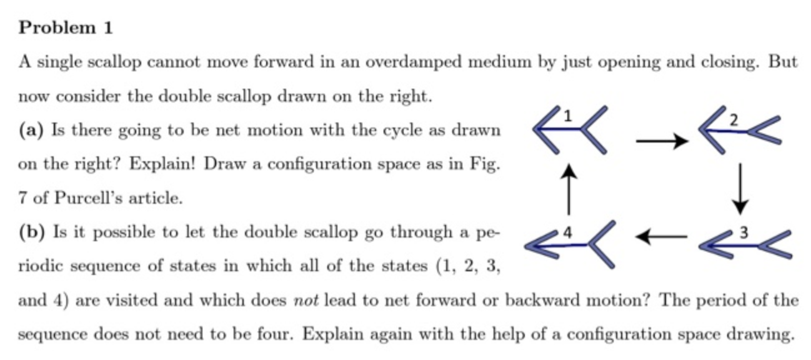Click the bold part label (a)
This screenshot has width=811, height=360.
coord(31,131)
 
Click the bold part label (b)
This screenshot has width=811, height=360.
coord(31,232)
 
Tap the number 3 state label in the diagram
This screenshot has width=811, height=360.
coord(743,234)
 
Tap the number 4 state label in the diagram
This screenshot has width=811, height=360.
coord(567,234)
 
